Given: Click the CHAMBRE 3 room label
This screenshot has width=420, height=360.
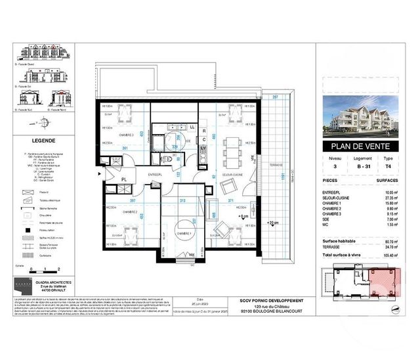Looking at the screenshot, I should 126,135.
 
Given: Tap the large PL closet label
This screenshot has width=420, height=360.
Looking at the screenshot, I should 123,179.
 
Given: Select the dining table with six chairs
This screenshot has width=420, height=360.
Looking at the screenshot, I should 232,143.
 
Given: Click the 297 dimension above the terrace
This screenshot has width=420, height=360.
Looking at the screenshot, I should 275,97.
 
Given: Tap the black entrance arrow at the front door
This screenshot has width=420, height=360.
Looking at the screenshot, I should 99,173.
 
